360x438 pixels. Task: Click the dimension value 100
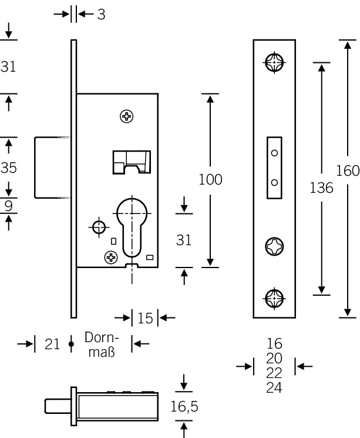pos(210,179)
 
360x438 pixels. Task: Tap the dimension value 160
pos(348,170)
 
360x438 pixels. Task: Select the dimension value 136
pos(321,188)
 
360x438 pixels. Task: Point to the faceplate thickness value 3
pos(101,14)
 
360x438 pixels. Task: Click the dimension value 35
pos(8,168)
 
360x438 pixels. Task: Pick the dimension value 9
pos(8,206)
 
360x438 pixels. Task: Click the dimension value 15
pos(145,318)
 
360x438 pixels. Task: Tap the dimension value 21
pos(53,344)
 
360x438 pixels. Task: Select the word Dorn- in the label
pos(102,338)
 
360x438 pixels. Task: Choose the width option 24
pos(274,388)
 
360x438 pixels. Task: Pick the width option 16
pos(274,343)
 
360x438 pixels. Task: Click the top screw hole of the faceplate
pos(274,62)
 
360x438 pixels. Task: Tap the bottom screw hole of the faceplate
pos(274,297)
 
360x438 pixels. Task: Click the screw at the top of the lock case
pos(126,116)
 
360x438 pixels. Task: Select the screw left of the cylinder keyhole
pos(110,256)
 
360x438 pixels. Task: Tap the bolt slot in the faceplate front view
pos(274,168)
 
